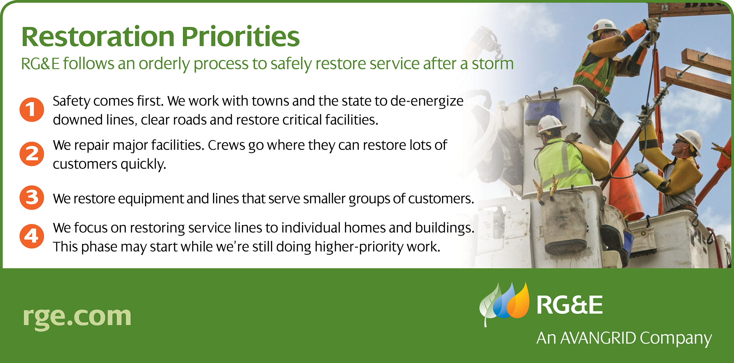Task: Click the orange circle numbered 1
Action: [x=32, y=109]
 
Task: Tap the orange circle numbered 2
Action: [x=32, y=154]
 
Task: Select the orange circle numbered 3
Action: [x=32, y=198]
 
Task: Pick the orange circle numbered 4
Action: [x=32, y=236]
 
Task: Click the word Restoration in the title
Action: [x=98, y=37]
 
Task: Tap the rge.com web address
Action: [x=77, y=317]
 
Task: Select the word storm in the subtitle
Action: [x=492, y=64]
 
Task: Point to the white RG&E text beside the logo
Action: [x=570, y=305]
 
